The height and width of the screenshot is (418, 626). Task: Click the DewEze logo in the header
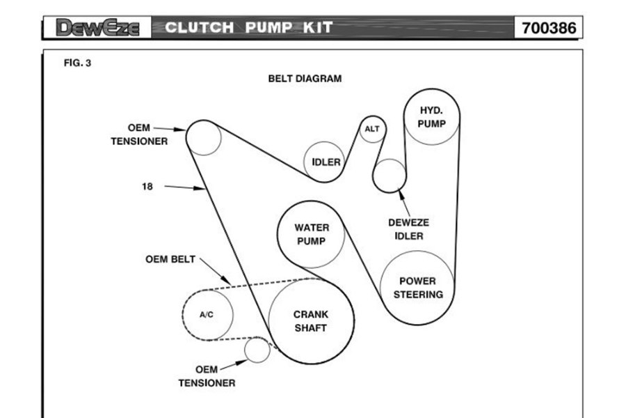click(x=97, y=28)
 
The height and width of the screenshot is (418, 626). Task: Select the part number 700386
click(x=549, y=29)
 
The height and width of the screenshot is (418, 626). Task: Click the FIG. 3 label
click(x=77, y=63)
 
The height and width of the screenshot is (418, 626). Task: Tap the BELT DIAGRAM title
click(x=305, y=79)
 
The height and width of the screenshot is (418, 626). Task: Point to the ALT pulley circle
click(x=372, y=129)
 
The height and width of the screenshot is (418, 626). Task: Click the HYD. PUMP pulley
click(x=431, y=117)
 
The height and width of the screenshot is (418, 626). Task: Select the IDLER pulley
click(x=326, y=162)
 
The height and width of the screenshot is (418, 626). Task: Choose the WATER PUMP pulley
click(x=312, y=235)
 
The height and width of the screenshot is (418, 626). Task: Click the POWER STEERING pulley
click(x=417, y=288)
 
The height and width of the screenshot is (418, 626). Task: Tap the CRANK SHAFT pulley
click(x=310, y=321)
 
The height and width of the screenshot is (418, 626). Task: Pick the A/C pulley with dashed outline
click(x=207, y=314)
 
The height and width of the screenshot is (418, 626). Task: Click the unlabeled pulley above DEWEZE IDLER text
click(x=389, y=176)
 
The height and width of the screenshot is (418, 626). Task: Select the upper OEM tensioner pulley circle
click(x=204, y=138)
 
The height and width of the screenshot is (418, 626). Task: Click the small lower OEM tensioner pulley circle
click(x=257, y=350)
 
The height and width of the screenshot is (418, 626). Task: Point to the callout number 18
click(x=147, y=187)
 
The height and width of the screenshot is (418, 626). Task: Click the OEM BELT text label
click(x=170, y=259)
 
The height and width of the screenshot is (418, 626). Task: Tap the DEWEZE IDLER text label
click(x=408, y=229)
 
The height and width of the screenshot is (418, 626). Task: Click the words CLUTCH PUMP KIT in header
click(x=249, y=28)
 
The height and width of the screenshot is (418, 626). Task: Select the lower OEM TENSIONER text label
click(x=207, y=376)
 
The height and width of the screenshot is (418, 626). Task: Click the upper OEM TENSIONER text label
click(x=139, y=134)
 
